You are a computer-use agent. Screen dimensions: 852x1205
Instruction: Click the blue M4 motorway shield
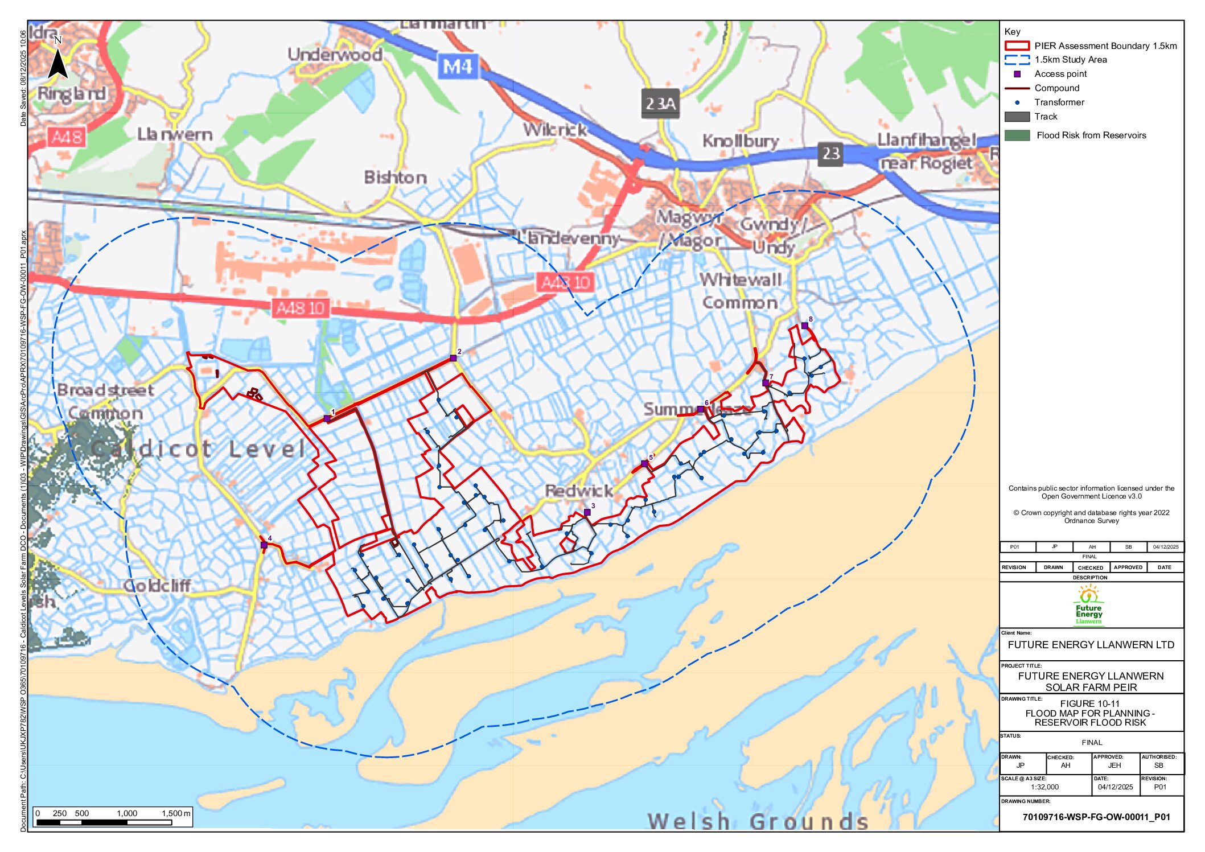[x=457, y=67]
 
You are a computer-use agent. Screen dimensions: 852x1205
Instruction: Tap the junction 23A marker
[x=660, y=103]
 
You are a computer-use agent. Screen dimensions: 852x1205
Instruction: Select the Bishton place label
[x=395, y=178]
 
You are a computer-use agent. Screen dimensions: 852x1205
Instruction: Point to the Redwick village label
[x=578, y=491]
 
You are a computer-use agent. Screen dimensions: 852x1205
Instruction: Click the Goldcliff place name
[x=157, y=585]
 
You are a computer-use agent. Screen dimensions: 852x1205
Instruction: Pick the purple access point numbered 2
[x=453, y=358]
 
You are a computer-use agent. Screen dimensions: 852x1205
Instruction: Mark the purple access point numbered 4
[x=264, y=545]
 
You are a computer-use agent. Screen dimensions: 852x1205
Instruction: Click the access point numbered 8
[x=804, y=326]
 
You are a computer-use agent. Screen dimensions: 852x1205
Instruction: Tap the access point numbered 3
[x=587, y=512]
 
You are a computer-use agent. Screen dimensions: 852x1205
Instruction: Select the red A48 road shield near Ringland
[x=67, y=137]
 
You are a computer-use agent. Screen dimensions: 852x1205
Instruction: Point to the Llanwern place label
[x=175, y=135]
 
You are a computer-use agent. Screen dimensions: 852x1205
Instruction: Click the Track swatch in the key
[x=1017, y=117]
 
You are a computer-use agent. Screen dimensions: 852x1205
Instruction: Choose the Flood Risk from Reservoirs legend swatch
[x=1017, y=135]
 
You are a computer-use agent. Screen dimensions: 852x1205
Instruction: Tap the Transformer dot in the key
[x=1017, y=102]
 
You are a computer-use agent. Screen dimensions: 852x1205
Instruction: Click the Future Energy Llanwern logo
[x=1088, y=606]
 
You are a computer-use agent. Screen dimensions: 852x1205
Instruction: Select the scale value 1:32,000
[x=1044, y=787]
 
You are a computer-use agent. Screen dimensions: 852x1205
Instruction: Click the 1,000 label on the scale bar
[x=126, y=813]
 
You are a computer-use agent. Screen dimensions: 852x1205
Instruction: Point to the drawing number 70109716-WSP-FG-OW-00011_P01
[x=1096, y=817]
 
